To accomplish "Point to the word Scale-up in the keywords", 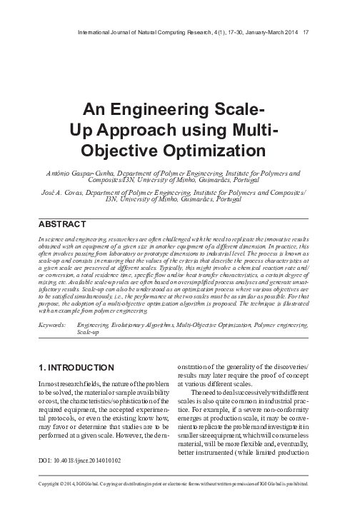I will (89, 333).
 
